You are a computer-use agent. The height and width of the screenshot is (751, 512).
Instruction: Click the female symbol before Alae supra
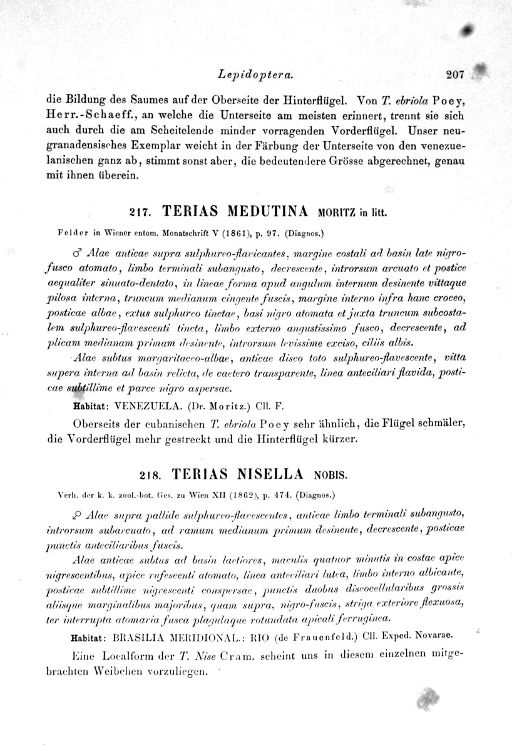pyautogui.click(x=77, y=514)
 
